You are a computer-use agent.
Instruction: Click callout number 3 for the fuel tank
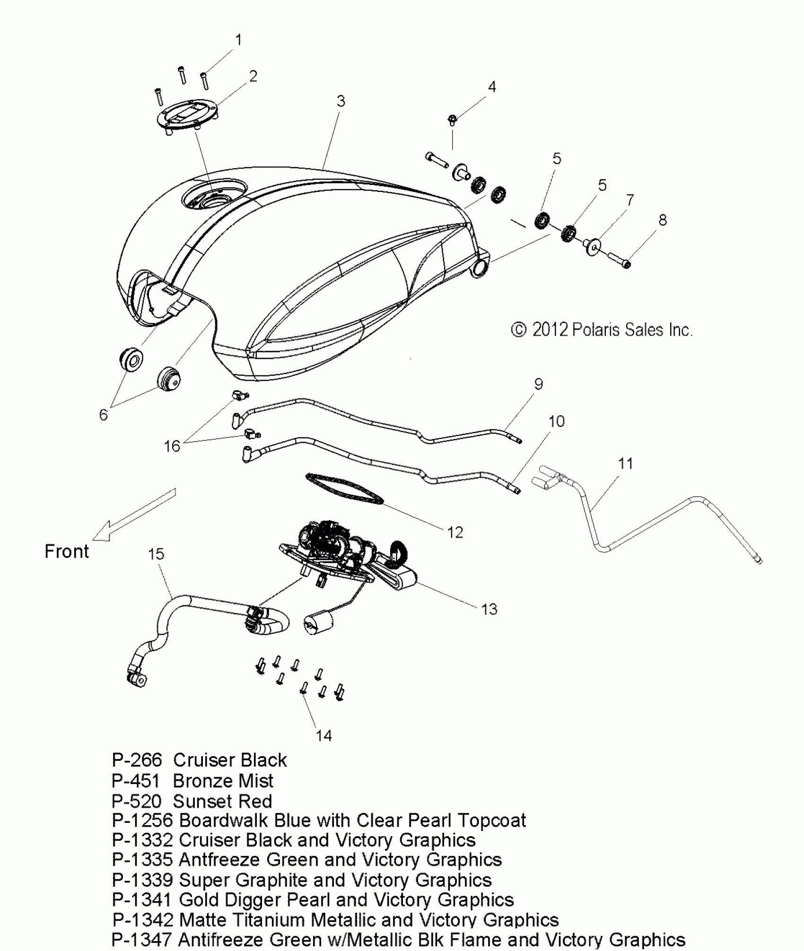pyautogui.click(x=341, y=101)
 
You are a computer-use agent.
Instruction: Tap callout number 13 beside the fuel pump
pyautogui.click(x=489, y=609)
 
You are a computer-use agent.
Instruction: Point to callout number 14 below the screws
pyautogui.click(x=323, y=735)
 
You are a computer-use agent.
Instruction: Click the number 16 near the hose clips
pyautogui.click(x=172, y=446)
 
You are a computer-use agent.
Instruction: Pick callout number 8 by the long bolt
pyautogui.click(x=662, y=220)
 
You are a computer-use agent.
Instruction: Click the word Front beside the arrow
pyautogui.click(x=67, y=551)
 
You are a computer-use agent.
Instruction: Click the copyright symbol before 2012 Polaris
pyautogui.click(x=519, y=330)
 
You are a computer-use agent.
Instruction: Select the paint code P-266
pyautogui.click(x=137, y=760)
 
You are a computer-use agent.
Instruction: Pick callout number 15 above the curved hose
pyautogui.click(x=156, y=554)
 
